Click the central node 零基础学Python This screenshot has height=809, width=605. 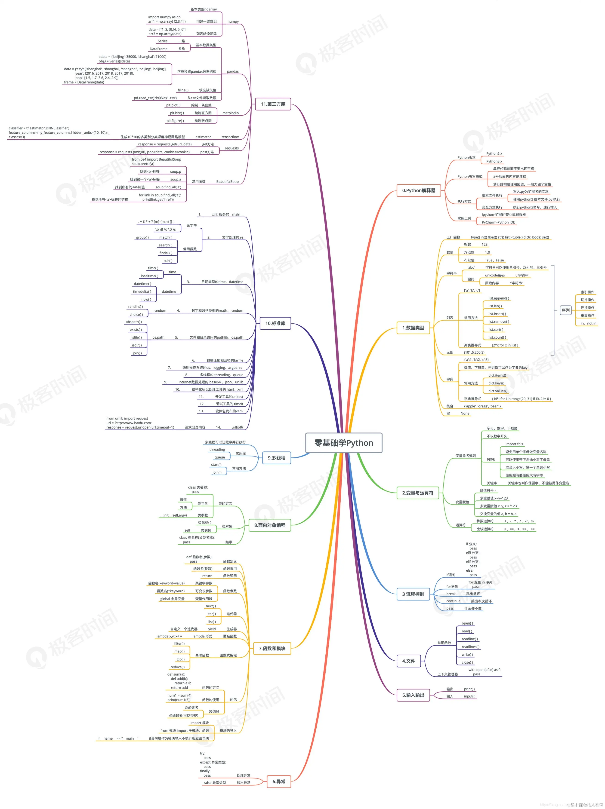(x=344, y=443)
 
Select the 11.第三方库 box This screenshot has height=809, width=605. (x=273, y=104)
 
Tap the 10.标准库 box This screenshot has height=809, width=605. (x=275, y=323)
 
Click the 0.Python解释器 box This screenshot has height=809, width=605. (x=419, y=190)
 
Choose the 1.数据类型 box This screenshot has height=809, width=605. (x=413, y=328)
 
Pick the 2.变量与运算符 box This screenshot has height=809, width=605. (x=418, y=493)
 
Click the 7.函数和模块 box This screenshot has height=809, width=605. (x=272, y=648)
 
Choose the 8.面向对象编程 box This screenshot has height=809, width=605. (x=270, y=525)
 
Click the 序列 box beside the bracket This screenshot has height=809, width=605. (x=565, y=310)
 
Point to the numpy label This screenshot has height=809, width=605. (x=233, y=21)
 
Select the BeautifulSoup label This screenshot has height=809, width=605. (x=227, y=182)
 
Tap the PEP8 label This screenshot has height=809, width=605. (x=491, y=460)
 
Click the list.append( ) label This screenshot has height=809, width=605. (x=498, y=298)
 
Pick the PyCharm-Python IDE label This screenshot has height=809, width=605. (x=498, y=222)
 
